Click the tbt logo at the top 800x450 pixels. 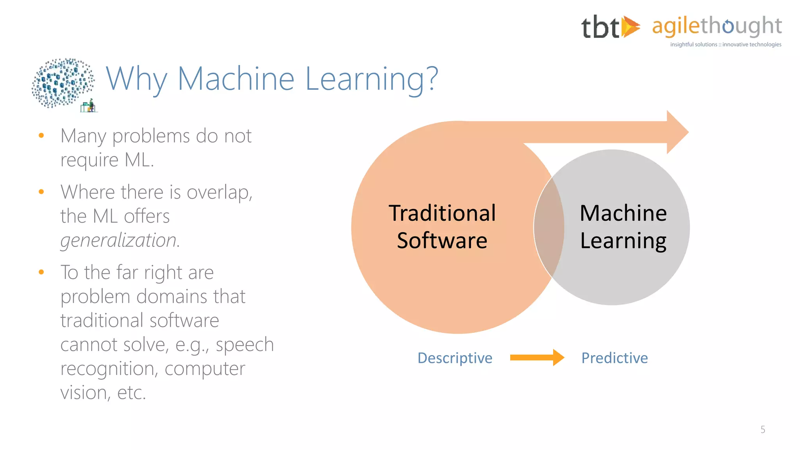[x=610, y=27]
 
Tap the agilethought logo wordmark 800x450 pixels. [x=717, y=26]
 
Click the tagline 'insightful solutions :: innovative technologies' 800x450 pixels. [x=725, y=45]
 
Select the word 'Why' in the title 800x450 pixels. [x=136, y=79]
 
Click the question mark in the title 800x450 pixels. [x=431, y=78]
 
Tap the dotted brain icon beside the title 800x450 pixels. [x=62, y=83]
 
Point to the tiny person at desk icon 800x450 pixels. [x=89, y=106]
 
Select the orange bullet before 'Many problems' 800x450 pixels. [x=41, y=136]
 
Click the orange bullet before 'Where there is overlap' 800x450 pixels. [x=41, y=192]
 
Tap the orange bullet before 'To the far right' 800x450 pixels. [x=41, y=272]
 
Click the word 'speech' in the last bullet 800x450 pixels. [x=245, y=345]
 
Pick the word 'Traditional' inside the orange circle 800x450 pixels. [x=442, y=213]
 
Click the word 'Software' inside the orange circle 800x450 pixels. [x=442, y=241]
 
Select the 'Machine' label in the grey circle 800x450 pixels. [x=623, y=213]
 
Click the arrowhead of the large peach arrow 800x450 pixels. [x=677, y=132]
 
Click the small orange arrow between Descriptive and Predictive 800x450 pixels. [x=537, y=357]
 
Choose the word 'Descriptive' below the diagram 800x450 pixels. [x=455, y=358]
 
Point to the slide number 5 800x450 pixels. [x=762, y=430]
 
